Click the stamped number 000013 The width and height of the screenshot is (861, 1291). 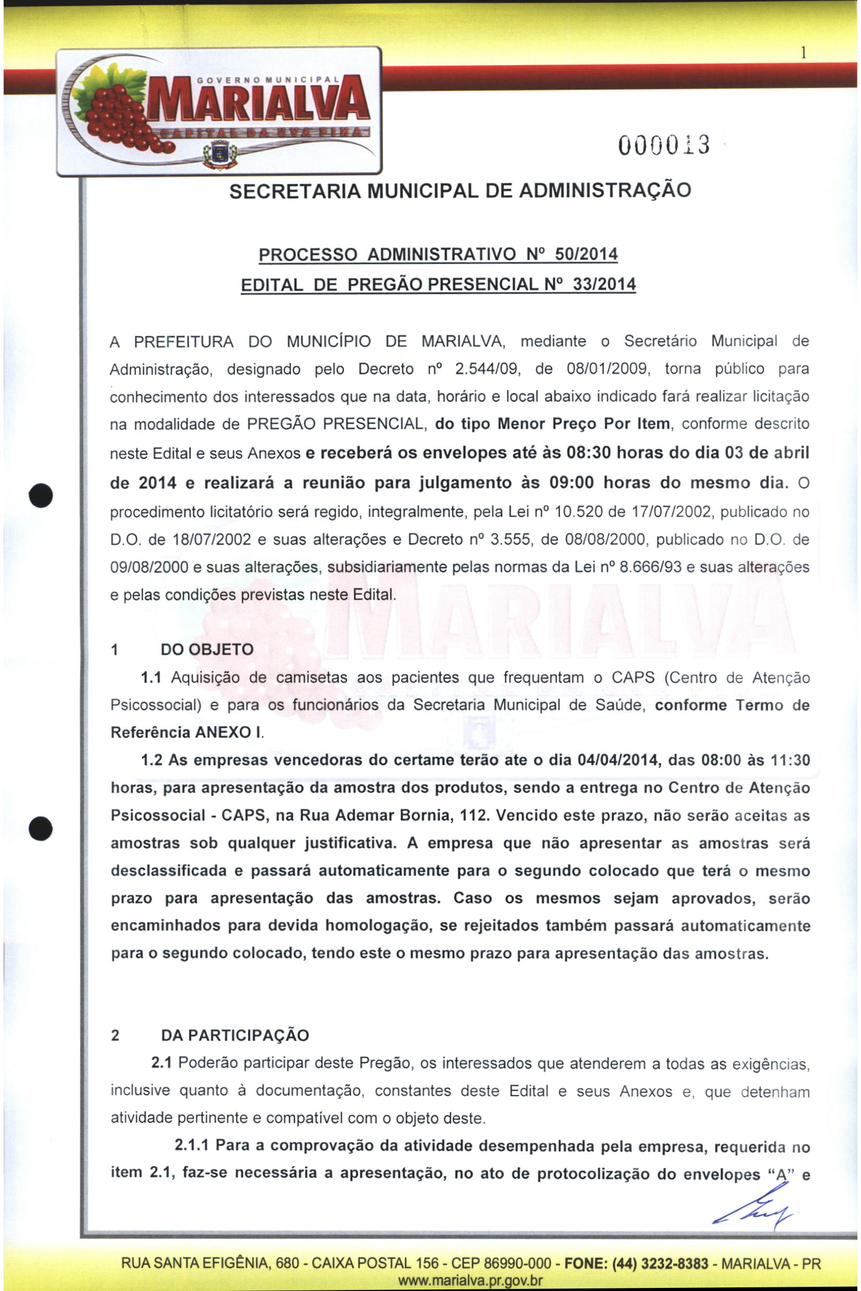(x=664, y=145)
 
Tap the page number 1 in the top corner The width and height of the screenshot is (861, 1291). (x=803, y=53)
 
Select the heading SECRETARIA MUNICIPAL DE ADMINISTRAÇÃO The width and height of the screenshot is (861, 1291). (x=460, y=191)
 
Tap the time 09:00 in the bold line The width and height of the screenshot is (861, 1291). (x=571, y=483)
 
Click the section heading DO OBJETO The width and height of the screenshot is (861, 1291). (x=207, y=649)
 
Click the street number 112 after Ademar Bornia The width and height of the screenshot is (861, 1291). (x=474, y=816)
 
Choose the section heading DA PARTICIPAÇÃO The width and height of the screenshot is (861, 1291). (x=235, y=1036)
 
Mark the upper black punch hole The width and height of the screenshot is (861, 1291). (x=42, y=495)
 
